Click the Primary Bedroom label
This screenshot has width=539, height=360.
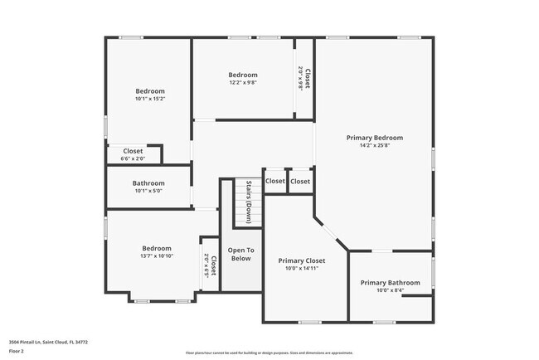[x=375, y=138]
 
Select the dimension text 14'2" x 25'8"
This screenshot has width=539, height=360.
[x=375, y=146]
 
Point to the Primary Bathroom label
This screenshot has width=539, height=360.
[x=390, y=282]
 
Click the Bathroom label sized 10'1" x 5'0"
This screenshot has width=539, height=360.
[x=148, y=183]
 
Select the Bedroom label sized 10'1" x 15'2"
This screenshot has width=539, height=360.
[x=150, y=91]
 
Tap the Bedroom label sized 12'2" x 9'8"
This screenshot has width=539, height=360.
[x=243, y=75]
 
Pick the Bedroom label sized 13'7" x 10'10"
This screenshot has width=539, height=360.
[x=156, y=248]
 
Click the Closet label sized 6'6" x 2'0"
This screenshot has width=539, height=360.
[x=133, y=151]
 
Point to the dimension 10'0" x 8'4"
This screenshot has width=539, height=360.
[x=390, y=290]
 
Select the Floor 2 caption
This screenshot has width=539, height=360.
[x=17, y=351]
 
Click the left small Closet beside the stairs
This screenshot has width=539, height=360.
[x=274, y=181]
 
